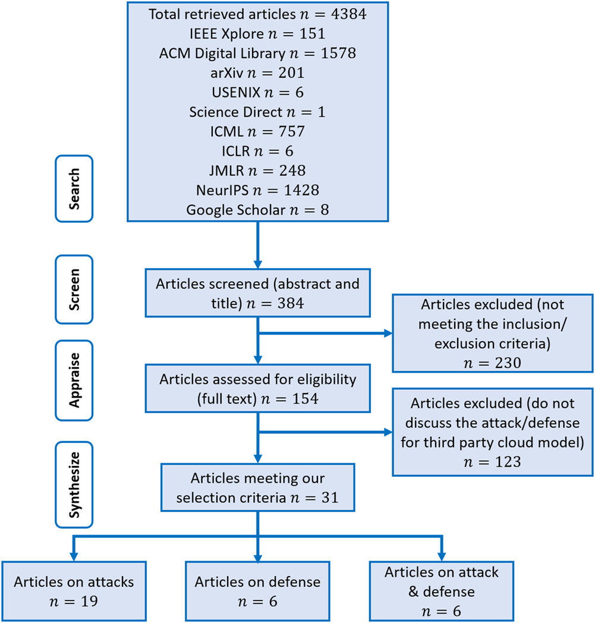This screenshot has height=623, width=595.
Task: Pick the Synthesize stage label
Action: [74, 484]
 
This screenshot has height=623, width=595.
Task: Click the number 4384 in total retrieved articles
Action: [347, 14]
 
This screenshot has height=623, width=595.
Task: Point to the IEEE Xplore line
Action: [257, 33]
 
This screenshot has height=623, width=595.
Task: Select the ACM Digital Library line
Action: [257, 53]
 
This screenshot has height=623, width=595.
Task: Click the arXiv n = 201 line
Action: [257, 73]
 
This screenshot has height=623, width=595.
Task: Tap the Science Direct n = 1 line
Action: [257, 112]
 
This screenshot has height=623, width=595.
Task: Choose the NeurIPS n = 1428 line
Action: [257, 190]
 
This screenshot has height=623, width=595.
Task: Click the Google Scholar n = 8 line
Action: [257, 210]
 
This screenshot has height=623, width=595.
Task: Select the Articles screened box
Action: [257, 293]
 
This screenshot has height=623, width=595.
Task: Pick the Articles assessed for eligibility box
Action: [257, 389]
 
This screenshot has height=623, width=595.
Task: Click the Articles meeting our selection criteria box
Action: [257, 487]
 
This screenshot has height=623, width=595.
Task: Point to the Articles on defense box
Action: [257, 591]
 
